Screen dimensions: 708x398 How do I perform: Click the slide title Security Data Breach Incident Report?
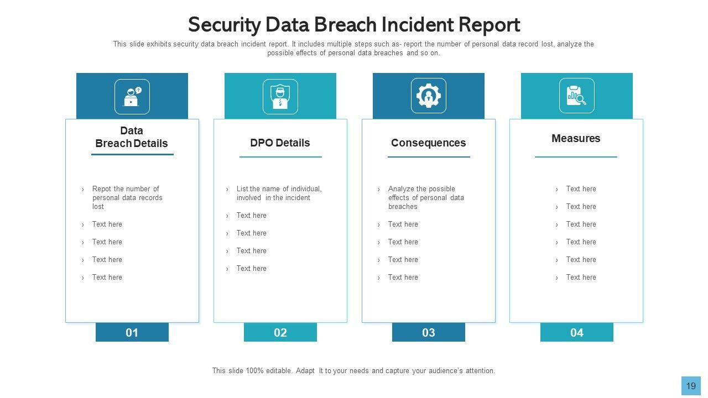pos(353,25)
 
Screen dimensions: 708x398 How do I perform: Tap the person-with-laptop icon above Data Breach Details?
pos(132,97)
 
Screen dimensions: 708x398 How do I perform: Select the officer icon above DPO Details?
pos(280,97)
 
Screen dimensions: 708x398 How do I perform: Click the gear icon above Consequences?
pos(428,96)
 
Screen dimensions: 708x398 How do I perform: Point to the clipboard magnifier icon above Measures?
pos(576,96)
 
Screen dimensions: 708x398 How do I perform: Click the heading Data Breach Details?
pos(132,137)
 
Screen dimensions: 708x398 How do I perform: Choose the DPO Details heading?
pos(280,143)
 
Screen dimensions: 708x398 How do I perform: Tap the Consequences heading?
pos(428,143)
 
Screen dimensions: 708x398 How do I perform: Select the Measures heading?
pos(576,138)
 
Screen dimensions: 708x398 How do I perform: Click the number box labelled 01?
pos(132,332)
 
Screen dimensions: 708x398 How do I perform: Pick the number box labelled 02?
pos(280,332)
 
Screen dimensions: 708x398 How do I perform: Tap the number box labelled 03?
pos(428,332)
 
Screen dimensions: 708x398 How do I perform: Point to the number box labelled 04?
pos(576,332)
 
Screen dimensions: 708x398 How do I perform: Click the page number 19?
pos(691,386)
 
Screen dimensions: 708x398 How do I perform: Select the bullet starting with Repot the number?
pos(127,197)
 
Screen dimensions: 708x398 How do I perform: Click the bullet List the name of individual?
pos(278,193)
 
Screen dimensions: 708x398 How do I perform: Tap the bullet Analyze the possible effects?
pos(425,197)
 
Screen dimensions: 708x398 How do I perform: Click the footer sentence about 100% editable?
pos(353,371)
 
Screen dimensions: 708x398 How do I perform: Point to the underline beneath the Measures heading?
pos(576,157)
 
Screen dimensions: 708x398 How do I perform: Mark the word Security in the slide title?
pos(224,25)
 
